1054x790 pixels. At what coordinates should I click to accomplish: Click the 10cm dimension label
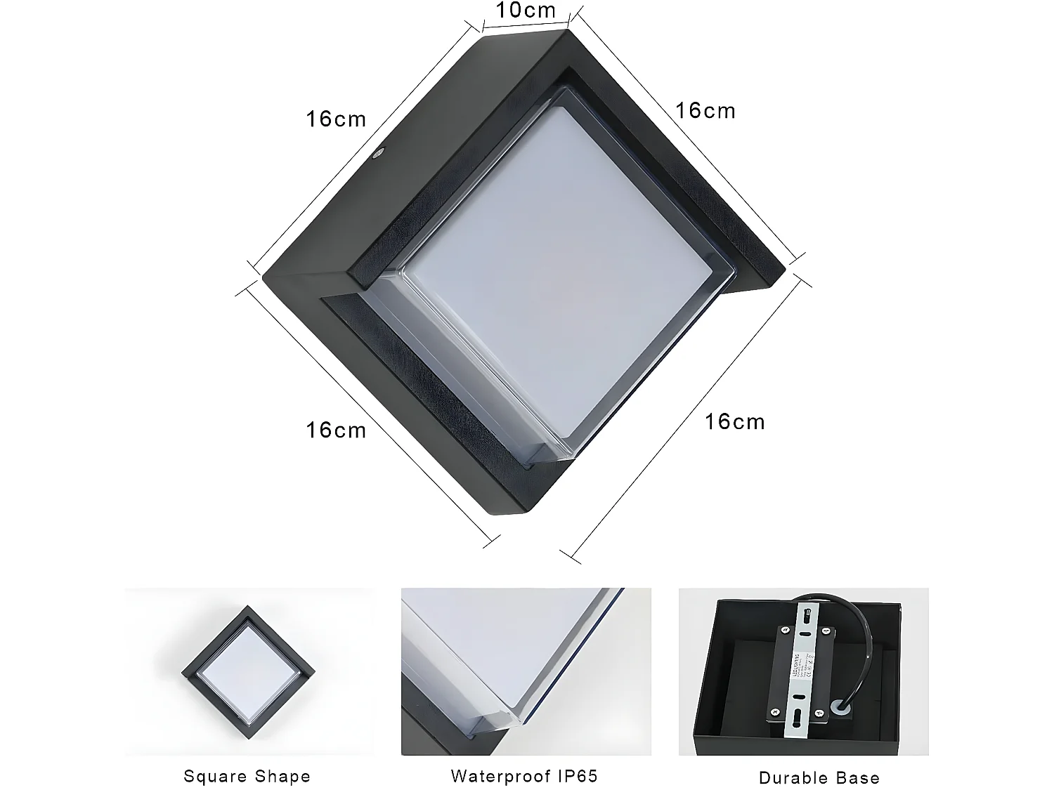click(x=526, y=11)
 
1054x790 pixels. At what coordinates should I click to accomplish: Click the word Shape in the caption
click(x=282, y=757)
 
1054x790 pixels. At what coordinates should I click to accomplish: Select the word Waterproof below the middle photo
click(x=496, y=757)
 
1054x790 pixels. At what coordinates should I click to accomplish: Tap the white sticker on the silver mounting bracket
click(x=805, y=654)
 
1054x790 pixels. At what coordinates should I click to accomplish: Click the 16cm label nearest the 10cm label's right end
click(x=705, y=111)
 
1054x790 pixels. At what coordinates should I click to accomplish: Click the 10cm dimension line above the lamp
click(x=526, y=27)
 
